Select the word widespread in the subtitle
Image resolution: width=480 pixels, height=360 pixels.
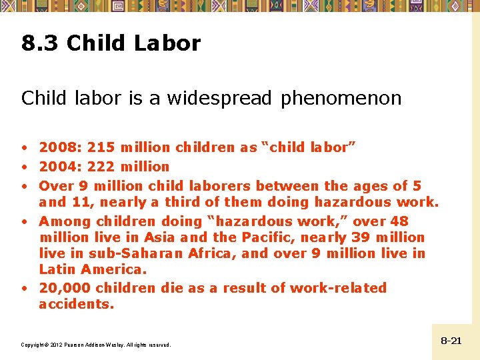(x=219, y=99)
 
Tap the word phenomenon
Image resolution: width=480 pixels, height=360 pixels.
(x=341, y=99)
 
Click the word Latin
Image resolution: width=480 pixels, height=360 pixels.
(x=57, y=269)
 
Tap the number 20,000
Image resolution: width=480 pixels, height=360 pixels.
(x=67, y=288)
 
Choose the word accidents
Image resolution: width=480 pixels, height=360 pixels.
(x=76, y=304)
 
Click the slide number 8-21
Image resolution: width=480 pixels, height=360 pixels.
(x=451, y=341)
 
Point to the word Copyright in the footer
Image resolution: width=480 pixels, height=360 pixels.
(x=33, y=345)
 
